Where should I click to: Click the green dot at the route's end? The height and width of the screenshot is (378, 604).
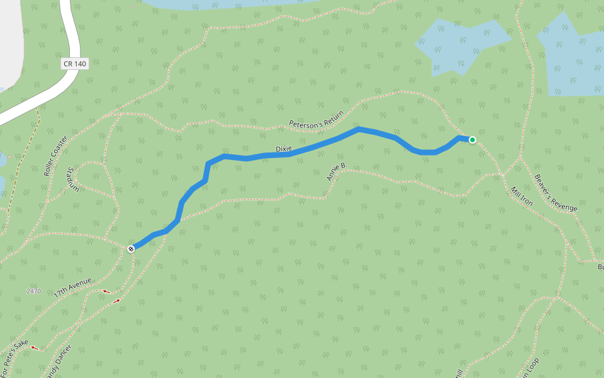coord(472,140)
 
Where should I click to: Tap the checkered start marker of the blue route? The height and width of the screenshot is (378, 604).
coord(131,249)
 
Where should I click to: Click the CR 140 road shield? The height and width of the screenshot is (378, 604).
coord(75,64)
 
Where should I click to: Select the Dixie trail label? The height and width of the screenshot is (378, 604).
coord(284,149)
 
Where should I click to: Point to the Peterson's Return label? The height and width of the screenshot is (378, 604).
coord(316,118)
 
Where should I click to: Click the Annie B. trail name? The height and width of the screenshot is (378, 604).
coord(337,171)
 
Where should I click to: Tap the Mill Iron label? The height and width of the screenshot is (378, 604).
coord(522,197)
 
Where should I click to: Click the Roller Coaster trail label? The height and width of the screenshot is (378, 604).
coord(56,155)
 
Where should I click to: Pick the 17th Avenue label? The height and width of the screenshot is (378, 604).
coord(73,287)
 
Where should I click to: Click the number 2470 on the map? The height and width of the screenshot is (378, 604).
coord(34,291)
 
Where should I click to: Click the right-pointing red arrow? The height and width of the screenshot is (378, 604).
coord(116,301)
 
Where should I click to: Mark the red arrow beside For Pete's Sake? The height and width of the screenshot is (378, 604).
coord(35,346)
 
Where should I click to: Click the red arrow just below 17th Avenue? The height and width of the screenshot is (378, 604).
coord(106,291)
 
